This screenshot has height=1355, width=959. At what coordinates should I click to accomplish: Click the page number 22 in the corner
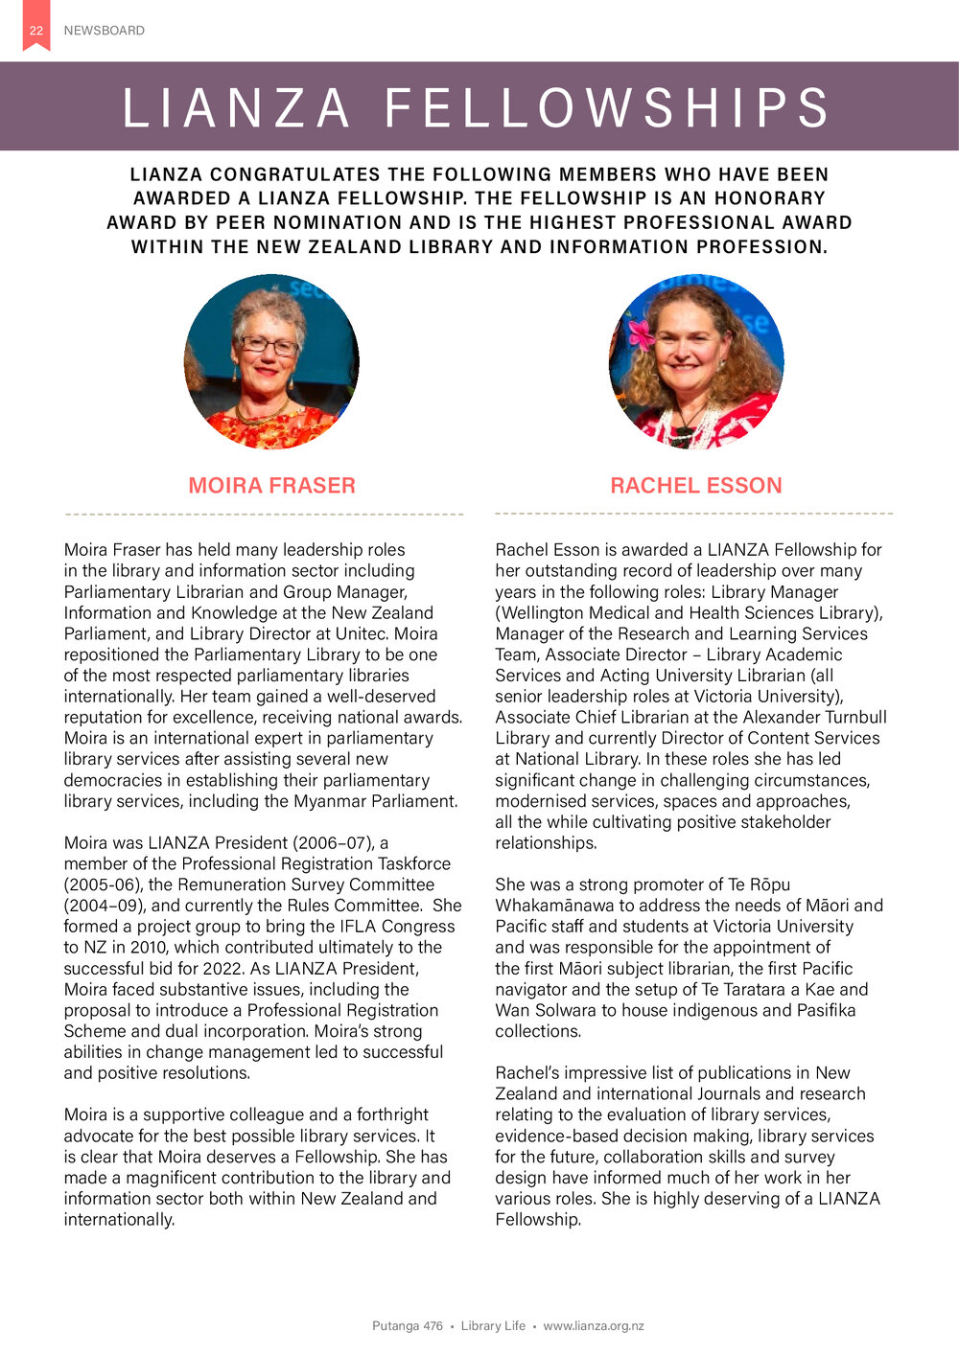point(35,31)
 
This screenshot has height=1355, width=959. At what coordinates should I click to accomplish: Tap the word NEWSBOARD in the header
point(104,31)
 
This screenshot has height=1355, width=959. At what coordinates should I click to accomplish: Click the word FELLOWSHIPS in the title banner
point(608,107)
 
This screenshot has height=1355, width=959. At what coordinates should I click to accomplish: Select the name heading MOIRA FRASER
point(271,486)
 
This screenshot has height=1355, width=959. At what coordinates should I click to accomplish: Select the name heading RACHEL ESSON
point(696,486)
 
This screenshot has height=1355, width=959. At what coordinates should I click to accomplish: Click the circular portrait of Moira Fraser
point(271,362)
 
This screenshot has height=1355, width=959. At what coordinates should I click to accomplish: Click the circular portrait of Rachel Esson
point(696,362)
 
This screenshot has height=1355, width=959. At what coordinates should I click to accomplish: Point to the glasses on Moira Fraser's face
point(269,345)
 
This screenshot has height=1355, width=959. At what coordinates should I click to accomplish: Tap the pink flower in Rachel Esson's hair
point(640,333)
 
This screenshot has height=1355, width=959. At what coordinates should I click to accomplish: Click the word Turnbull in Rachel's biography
point(854,718)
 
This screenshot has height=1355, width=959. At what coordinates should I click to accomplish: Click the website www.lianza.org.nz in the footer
point(594,1326)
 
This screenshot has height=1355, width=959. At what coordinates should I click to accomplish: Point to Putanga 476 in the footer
point(408,1326)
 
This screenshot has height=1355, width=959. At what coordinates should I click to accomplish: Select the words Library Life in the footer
point(493,1326)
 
